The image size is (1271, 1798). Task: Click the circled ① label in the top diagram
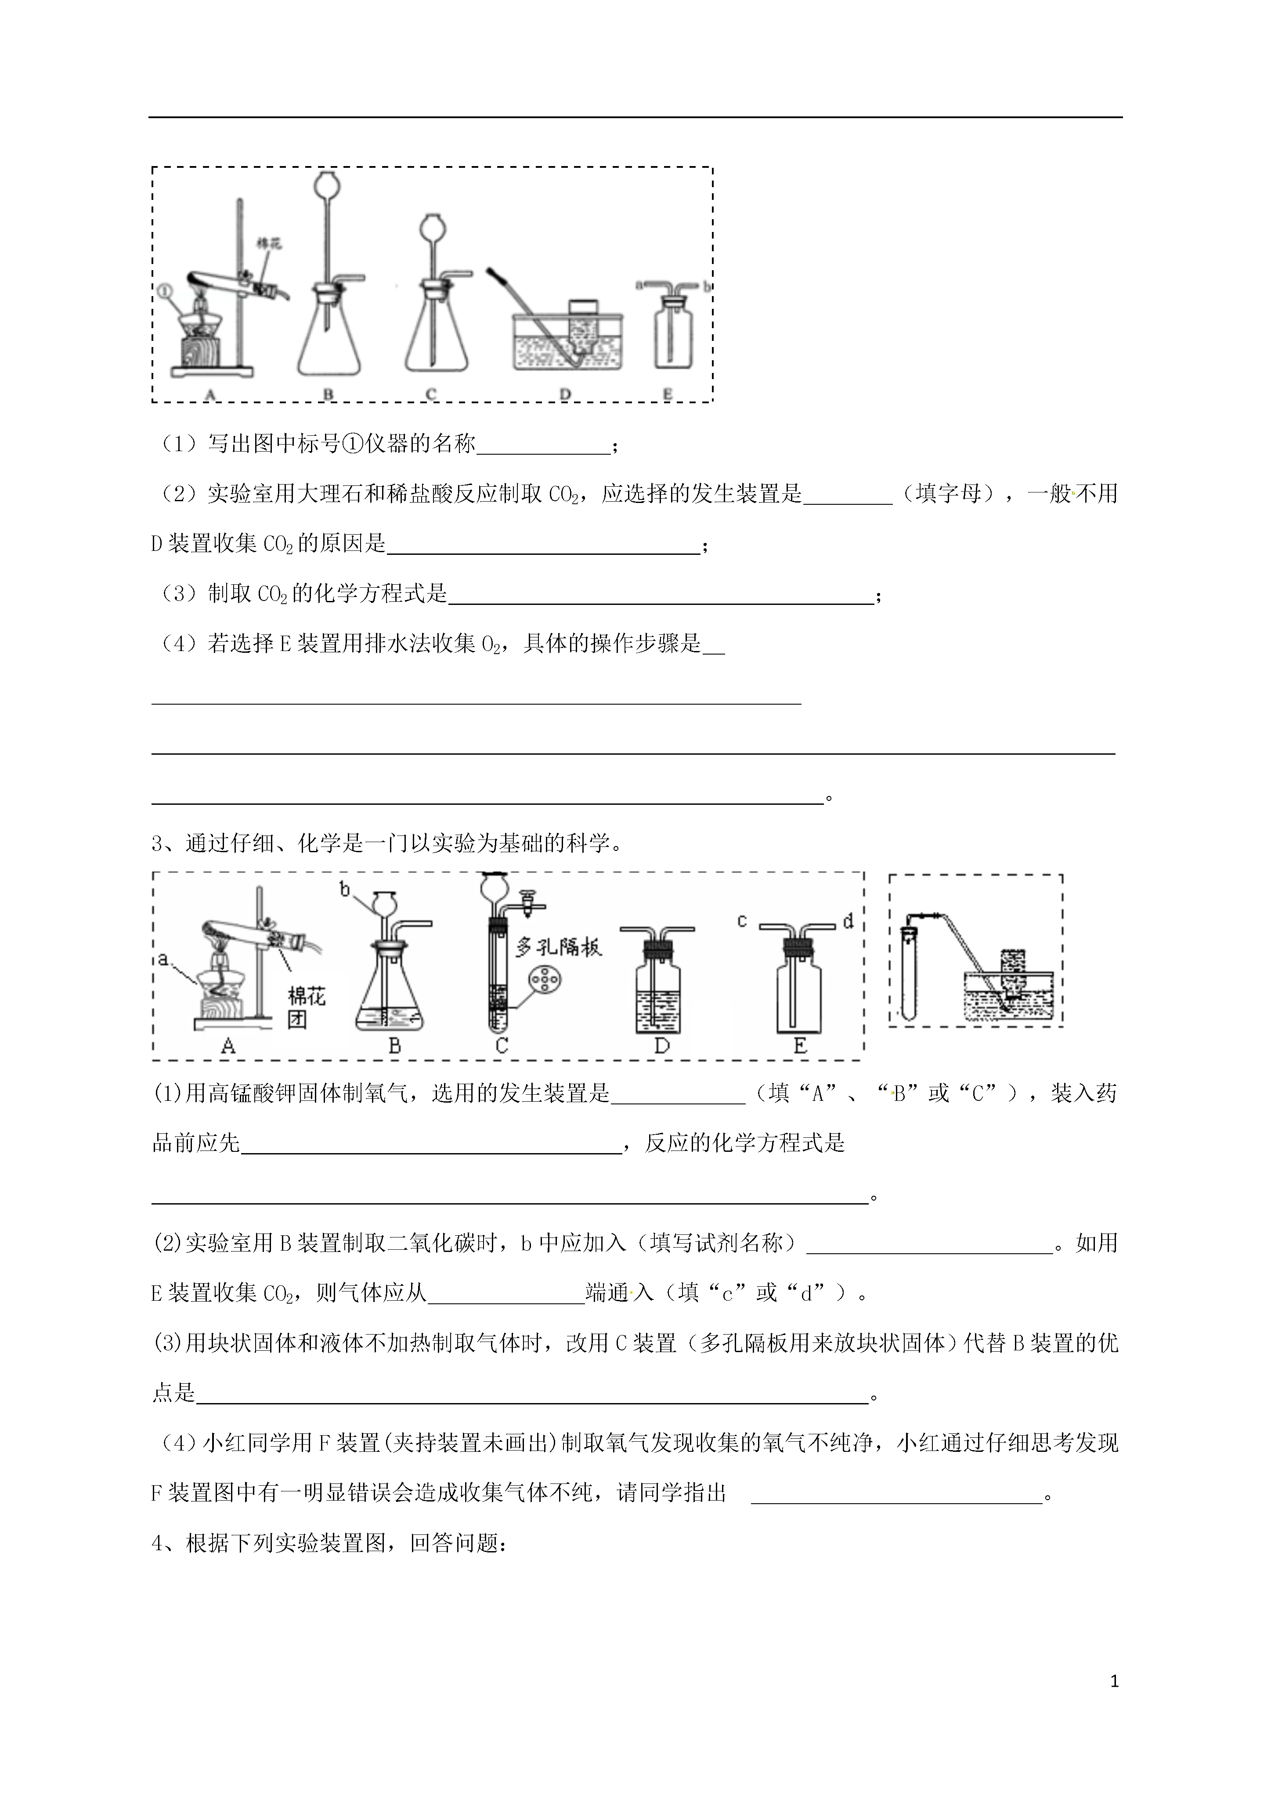coord(164,290)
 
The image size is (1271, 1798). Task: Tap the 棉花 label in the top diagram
coord(269,243)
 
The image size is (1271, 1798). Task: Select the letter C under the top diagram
coord(431,394)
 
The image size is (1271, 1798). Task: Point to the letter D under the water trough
coord(565,394)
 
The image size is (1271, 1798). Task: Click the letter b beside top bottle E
coord(706,286)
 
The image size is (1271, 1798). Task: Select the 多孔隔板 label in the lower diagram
coord(558,948)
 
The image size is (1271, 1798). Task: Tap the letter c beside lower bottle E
coord(742,921)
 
